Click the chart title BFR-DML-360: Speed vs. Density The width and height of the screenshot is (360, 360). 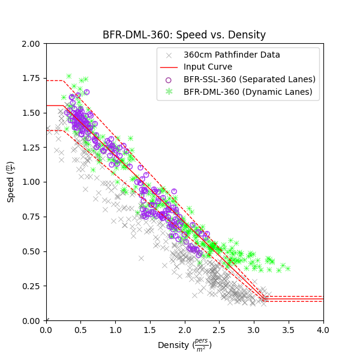point(184,35)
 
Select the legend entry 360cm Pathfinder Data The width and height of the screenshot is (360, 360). point(232,55)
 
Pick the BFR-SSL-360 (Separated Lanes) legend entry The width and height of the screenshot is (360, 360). point(249,79)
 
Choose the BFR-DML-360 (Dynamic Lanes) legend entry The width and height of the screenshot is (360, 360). point(248,92)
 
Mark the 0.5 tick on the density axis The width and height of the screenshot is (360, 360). point(81,330)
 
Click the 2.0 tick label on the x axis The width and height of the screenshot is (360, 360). point(185,330)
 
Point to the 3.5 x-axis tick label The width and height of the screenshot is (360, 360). point(289,330)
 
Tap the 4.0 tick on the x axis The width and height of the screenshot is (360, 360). point(323,330)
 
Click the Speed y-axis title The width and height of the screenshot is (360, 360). point(11,182)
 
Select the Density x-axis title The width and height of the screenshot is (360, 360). point(185,346)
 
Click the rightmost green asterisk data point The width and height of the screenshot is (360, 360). point(287,268)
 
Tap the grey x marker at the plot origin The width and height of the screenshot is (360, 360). point(46,320)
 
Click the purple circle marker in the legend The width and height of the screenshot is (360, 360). point(169,79)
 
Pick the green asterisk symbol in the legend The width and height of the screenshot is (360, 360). point(169,92)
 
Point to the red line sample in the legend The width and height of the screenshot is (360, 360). point(169,67)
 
